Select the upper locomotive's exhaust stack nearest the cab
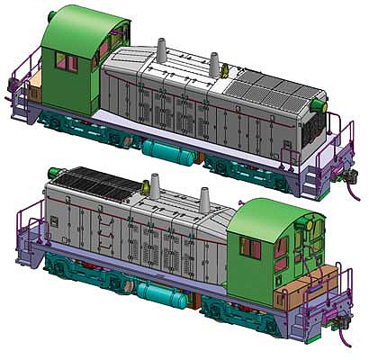pyautogui.click(x=162, y=52)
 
